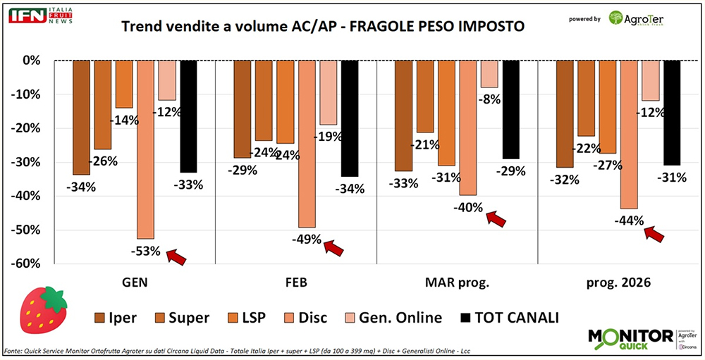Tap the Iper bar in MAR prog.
click(x=404, y=116)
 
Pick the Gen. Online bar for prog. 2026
click(x=650, y=80)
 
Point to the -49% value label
click(x=307, y=239)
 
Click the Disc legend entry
click(x=304, y=318)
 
